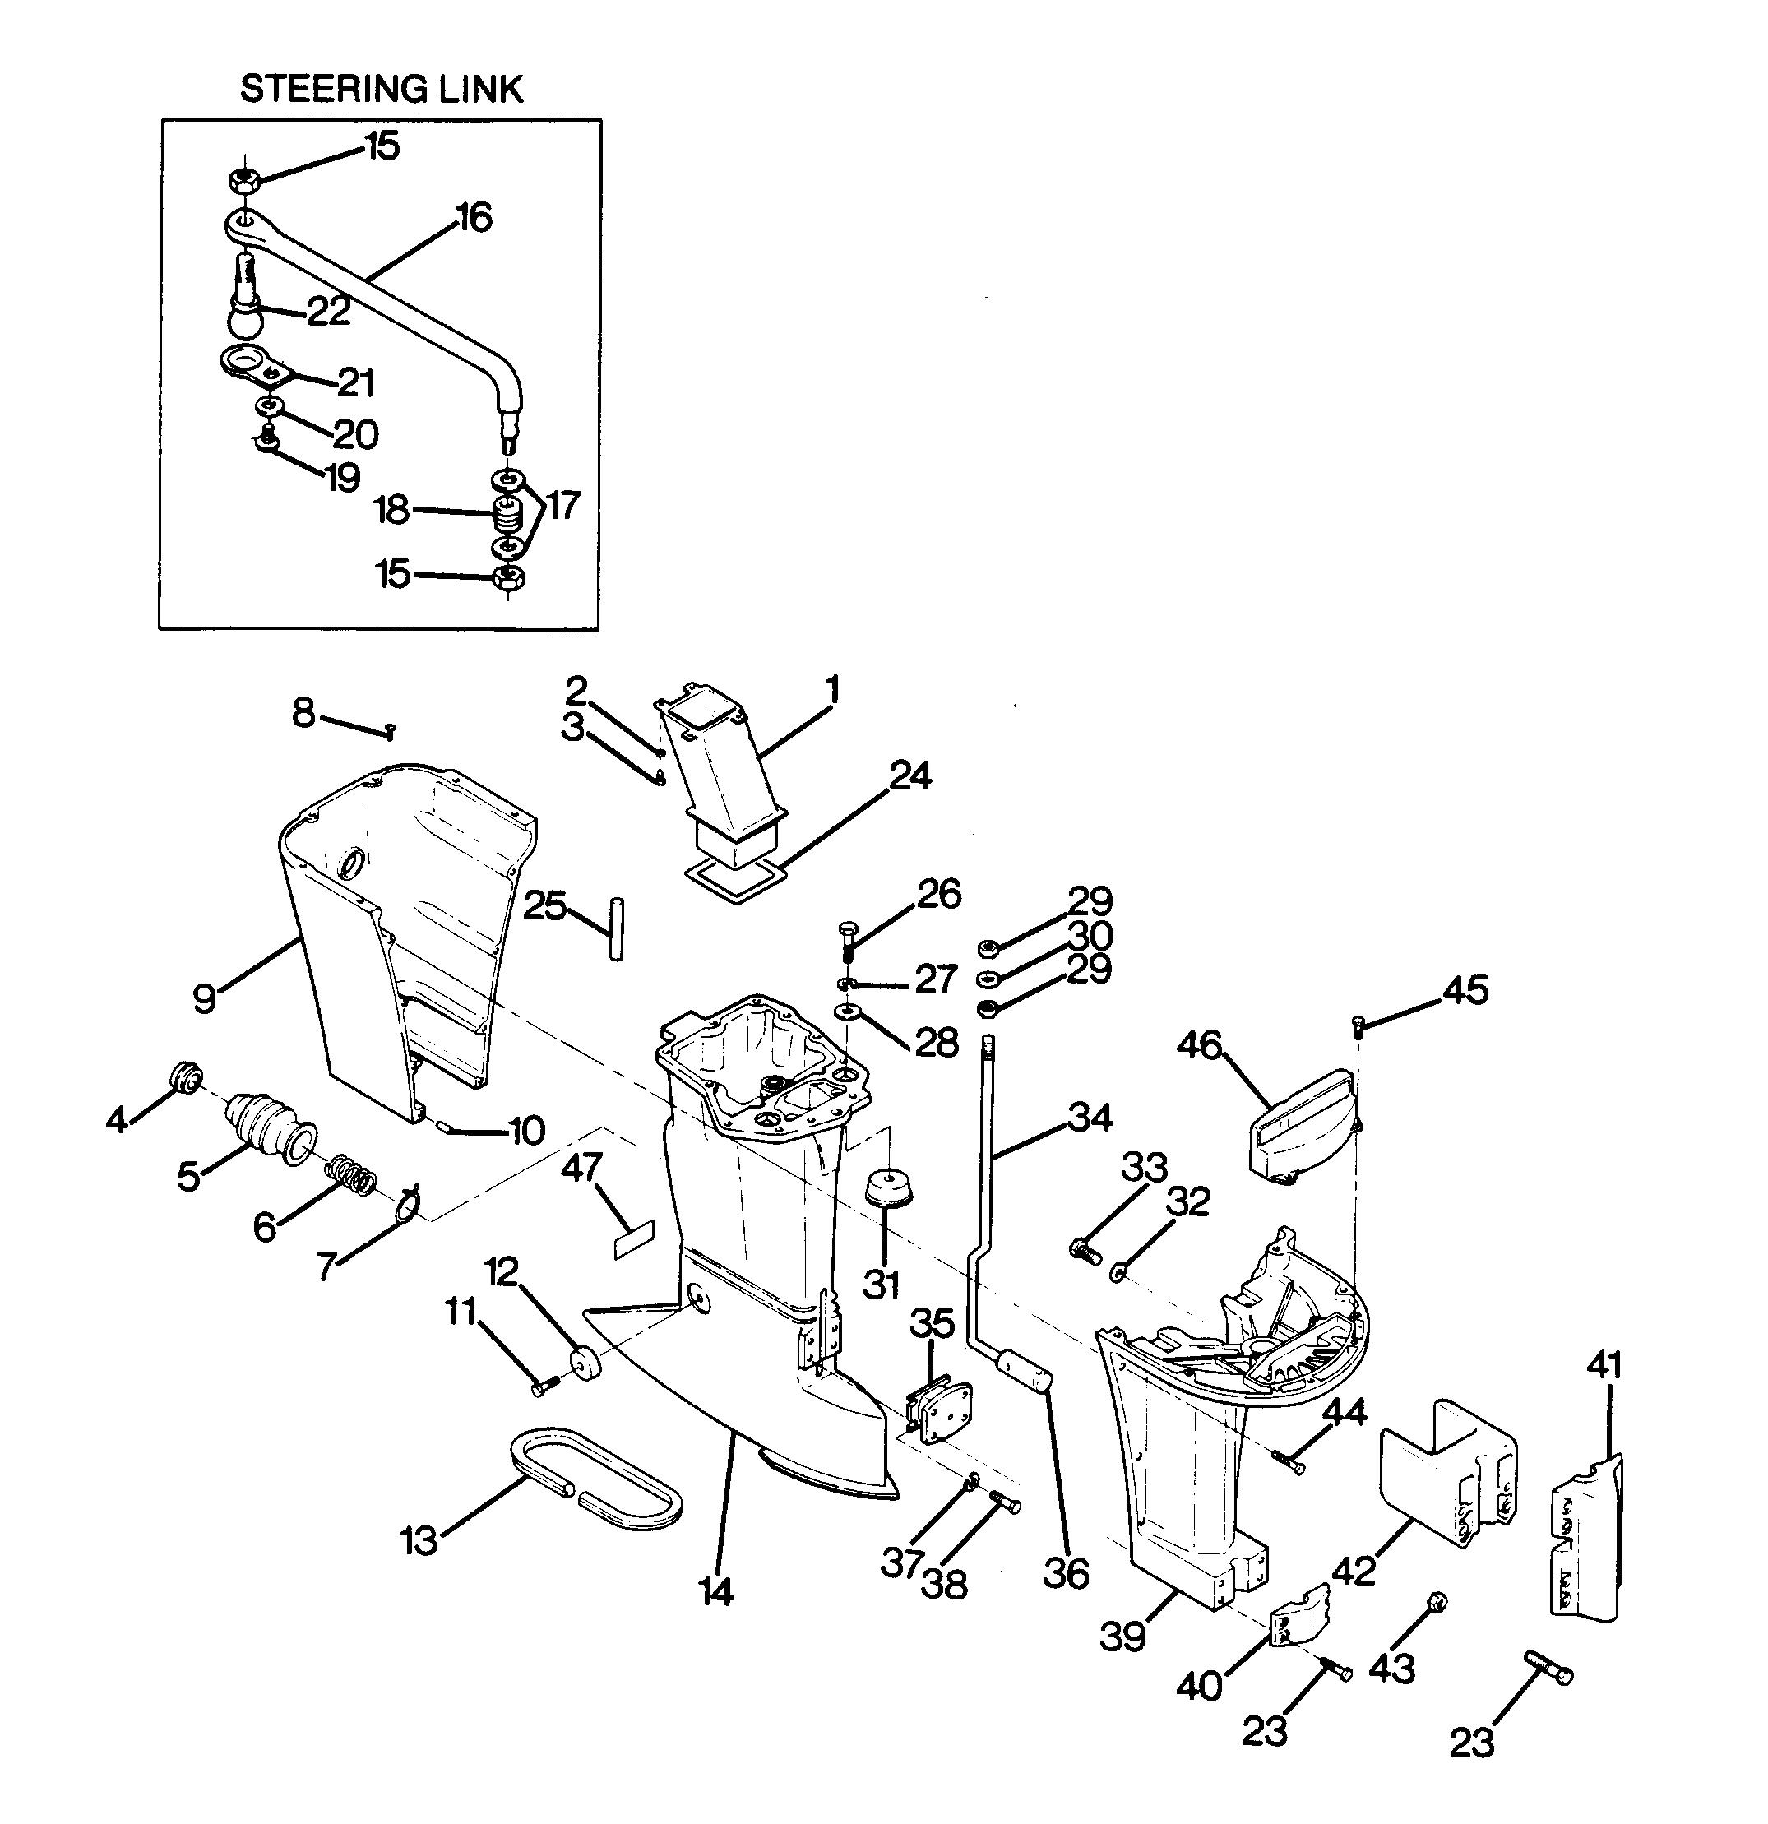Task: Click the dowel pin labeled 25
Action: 617,928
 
